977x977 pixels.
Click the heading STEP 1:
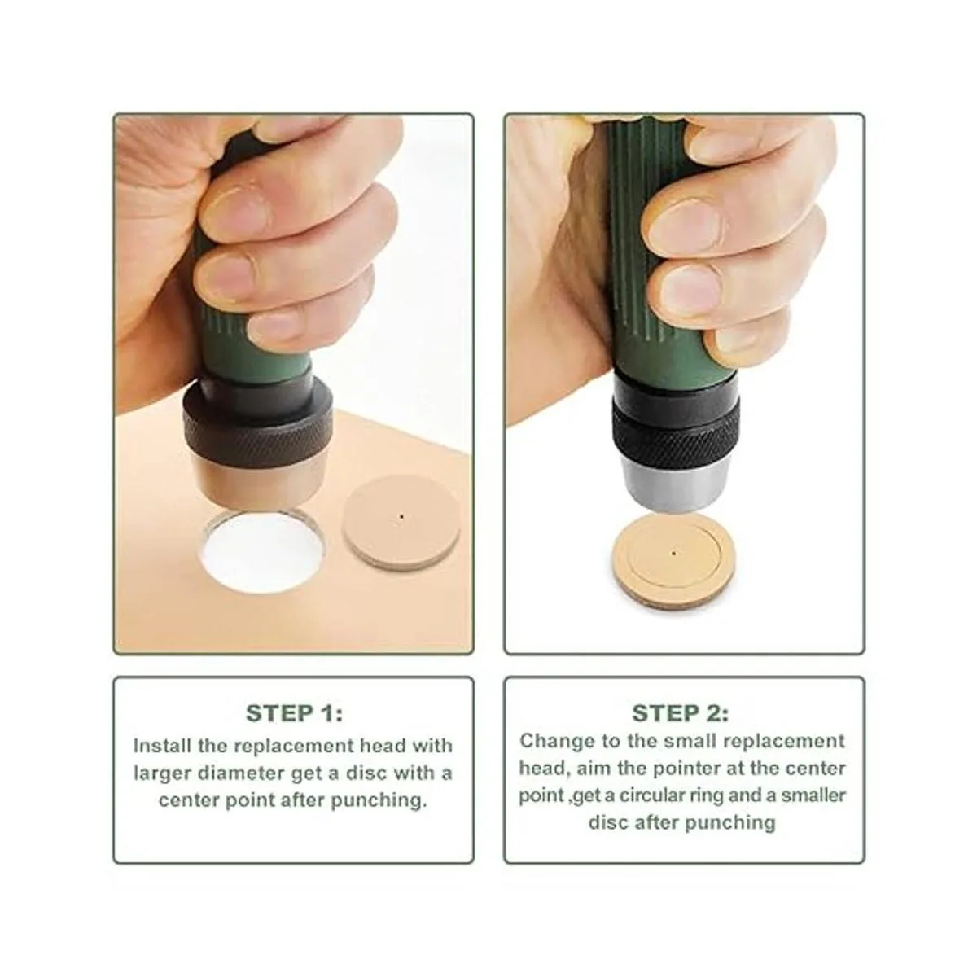pyautogui.click(x=294, y=713)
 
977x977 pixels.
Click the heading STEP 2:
pyautogui.click(x=681, y=713)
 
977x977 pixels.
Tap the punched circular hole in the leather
pyautogui.click(x=264, y=552)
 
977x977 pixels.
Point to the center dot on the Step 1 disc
pyautogui.click(x=402, y=517)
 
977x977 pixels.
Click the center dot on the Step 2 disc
pyautogui.click(x=673, y=554)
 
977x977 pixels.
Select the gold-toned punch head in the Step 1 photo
pyautogui.click(x=257, y=483)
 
